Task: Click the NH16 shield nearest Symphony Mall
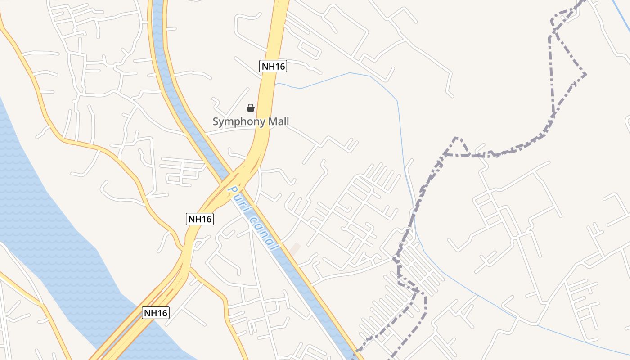[x=273, y=66]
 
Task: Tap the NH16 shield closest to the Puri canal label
[x=199, y=219]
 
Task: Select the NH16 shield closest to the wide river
[x=156, y=313]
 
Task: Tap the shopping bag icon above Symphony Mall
[x=251, y=108]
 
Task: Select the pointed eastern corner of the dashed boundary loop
[x=585, y=74]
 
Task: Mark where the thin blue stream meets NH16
[x=276, y=83]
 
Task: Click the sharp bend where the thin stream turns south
[x=397, y=101]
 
